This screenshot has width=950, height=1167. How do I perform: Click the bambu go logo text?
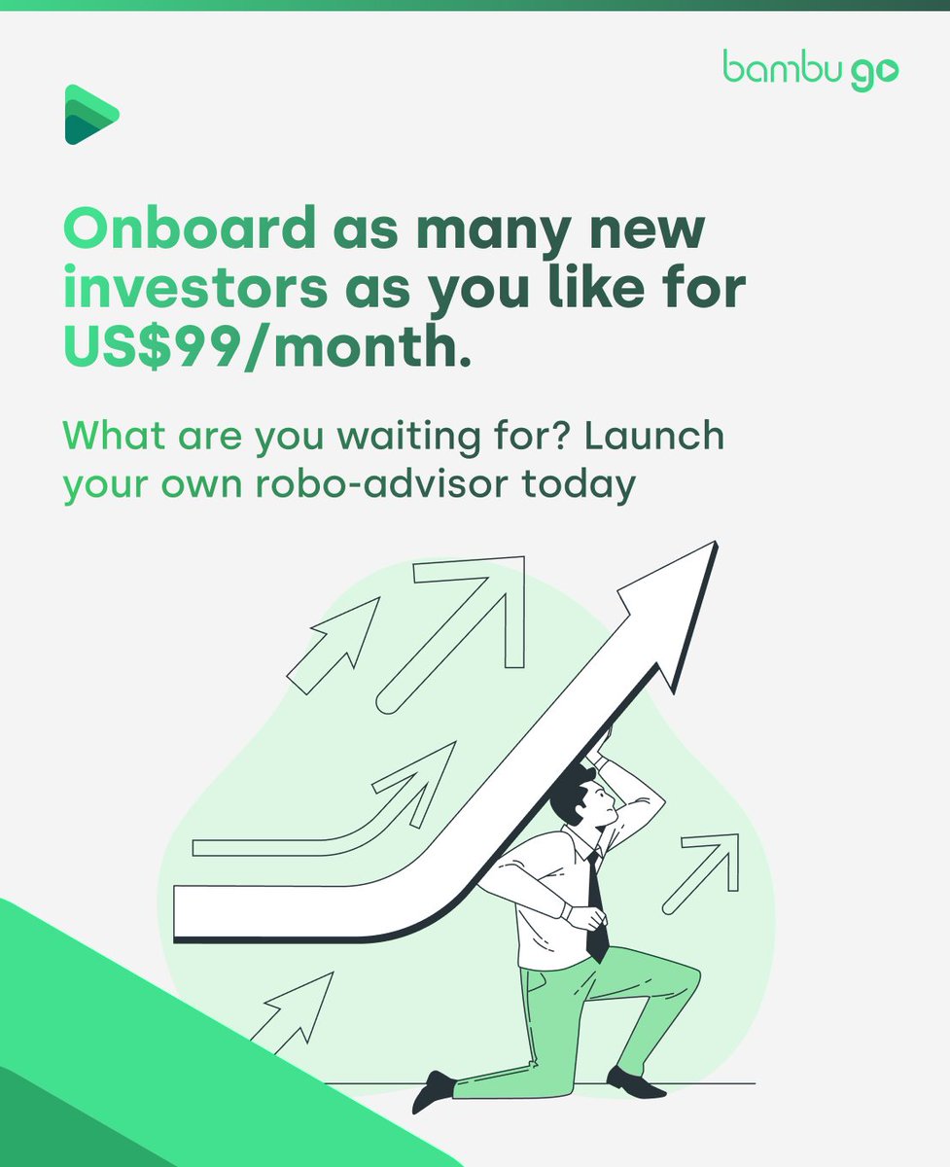click(x=810, y=69)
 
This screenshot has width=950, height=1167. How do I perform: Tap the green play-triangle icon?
click(x=89, y=115)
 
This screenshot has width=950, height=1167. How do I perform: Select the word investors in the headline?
click(x=195, y=289)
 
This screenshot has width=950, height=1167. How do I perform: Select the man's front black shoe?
click(x=433, y=1090)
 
